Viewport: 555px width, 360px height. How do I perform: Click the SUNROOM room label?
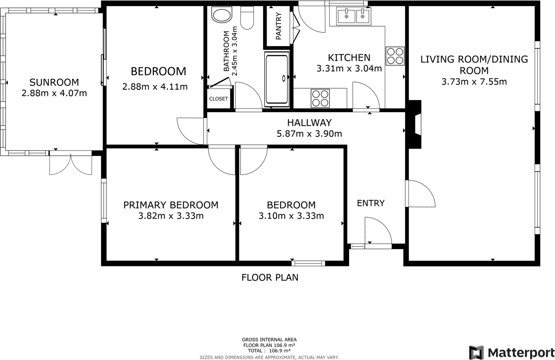[54, 82]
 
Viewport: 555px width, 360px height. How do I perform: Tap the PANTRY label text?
[278, 27]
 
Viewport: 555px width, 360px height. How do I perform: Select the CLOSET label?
[218, 99]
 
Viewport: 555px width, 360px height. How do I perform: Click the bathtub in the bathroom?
[277, 78]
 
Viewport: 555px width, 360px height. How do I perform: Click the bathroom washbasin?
[221, 15]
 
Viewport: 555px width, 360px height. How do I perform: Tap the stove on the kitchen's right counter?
[395, 56]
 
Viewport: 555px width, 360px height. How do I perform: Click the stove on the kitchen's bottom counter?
[320, 98]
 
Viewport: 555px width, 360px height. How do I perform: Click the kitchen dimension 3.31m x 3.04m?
[349, 68]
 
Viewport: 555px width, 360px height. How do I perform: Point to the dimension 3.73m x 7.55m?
[474, 81]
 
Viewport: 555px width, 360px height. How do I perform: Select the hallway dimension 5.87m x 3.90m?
[309, 134]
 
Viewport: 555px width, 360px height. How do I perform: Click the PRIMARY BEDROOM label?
[171, 205]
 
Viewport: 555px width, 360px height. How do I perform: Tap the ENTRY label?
[371, 203]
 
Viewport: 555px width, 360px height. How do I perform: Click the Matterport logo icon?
[476, 352]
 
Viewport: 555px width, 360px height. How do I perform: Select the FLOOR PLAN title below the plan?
[270, 277]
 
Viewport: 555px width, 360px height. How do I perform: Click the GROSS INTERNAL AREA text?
[269, 340]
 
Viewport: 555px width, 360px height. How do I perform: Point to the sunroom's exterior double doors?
[71, 164]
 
